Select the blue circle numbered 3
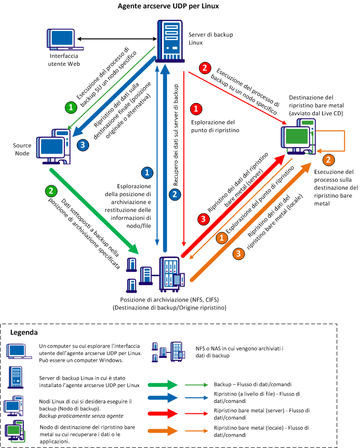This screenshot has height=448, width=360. (83, 145)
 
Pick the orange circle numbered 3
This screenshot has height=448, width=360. (239, 253)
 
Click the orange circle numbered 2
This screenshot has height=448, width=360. (327, 159)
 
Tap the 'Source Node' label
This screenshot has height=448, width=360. (23, 149)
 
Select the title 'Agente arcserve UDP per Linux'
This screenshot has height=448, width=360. (168, 6)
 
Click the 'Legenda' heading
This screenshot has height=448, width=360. (24, 333)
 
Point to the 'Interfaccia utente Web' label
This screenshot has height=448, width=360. (63, 60)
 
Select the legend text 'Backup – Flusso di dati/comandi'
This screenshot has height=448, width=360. (253, 384)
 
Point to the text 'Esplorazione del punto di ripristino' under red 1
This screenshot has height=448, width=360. (213, 126)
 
